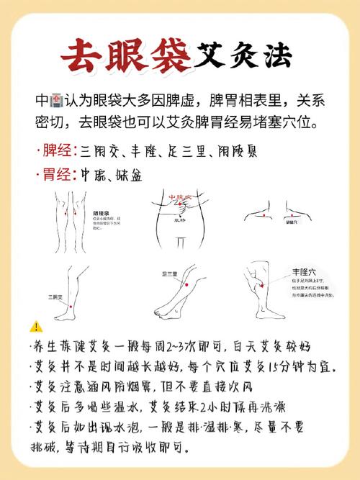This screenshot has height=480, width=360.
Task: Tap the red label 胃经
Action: pos(57,174)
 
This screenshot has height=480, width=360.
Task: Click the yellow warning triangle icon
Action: pos(37,326)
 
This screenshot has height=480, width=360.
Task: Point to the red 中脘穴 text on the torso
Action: pos(179,196)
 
